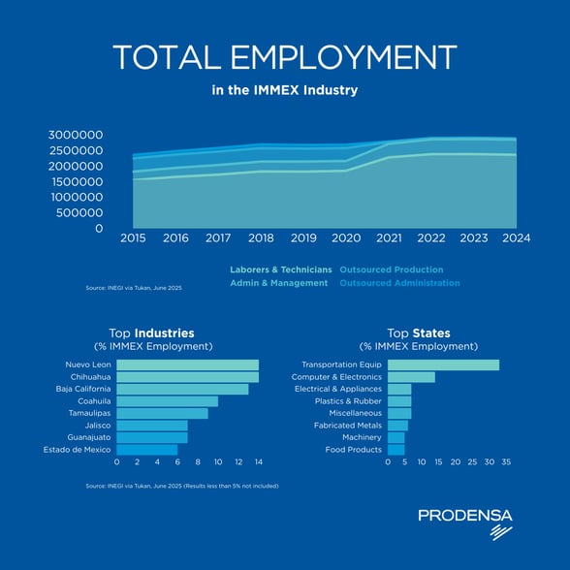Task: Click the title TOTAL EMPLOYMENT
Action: pyautogui.click(x=285, y=57)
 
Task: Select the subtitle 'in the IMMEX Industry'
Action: pyautogui.click(x=285, y=90)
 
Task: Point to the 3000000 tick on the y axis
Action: pyautogui.click(x=76, y=135)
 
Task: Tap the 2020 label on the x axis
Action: pyautogui.click(x=346, y=238)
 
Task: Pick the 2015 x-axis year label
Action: pyautogui.click(x=133, y=238)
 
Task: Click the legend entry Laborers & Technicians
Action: pyautogui.click(x=280, y=269)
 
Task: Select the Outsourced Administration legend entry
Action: pyautogui.click(x=399, y=283)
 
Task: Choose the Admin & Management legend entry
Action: pyautogui.click(x=279, y=283)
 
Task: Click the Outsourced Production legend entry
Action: pyautogui.click(x=391, y=269)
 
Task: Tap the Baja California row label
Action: pyautogui.click(x=82, y=389)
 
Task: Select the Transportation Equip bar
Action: pyautogui.click(x=443, y=364)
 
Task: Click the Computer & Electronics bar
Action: pyautogui.click(x=411, y=377)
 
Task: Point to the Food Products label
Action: pyautogui.click(x=354, y=449)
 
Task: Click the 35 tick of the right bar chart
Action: pyautogui.click(x=506, y=462)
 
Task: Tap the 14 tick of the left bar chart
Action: pyautogui.click(x=259, y=462)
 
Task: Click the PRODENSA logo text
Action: pyautogui.click(x=464, y=516)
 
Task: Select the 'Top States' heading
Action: pyautogui.click(x=418, y=332)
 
